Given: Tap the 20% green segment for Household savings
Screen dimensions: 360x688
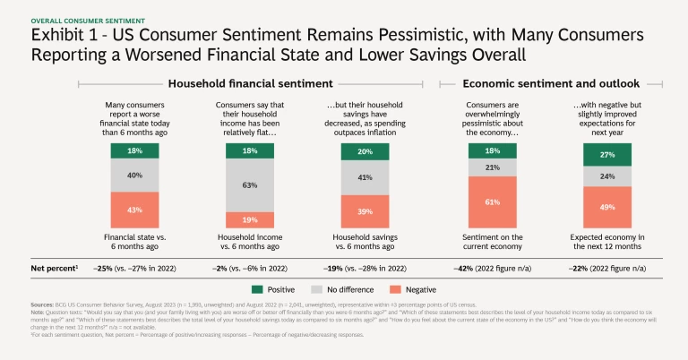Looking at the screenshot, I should [358, 151].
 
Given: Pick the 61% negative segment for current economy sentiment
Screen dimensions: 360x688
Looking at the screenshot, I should [492, 202].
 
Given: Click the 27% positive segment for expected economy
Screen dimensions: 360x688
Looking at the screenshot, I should [606, 154].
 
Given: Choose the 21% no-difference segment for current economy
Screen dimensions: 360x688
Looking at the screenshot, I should [492, 167].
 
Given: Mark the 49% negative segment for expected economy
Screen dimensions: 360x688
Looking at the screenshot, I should [606, 207].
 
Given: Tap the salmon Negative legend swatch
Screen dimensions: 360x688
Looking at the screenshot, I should [397, 288].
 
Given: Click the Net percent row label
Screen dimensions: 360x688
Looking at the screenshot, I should [54, 267].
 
